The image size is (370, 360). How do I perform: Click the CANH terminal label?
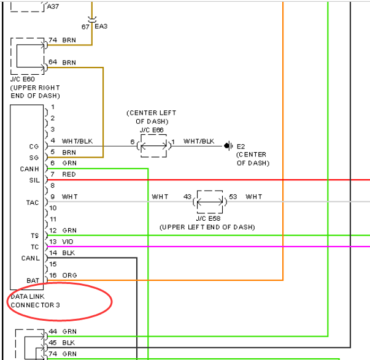pyautogui.click(x=29, y=169)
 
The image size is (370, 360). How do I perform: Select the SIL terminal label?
pyautogui.click(x=34, y=180)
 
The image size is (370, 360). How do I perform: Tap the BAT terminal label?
pyautogui.click(x=33, y=280)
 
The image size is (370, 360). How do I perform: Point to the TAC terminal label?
pyautogui.click(x=33, y=202)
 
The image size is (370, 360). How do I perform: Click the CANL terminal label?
pyautogui.click(x=31, y=258)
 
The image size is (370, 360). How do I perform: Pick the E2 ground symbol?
pyautogui.click(x=228, y=146)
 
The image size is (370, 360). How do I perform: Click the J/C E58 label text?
pyautogui.click(x=208, y=218)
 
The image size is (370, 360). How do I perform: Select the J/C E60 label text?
pyautogui.click(x=23, y=79)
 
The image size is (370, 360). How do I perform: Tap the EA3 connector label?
pyautogui.click(x=101, y=26)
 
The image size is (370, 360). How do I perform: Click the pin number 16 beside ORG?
pyautogui.click(x=53, y=275)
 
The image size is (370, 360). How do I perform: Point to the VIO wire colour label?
pyautogui.click(x=67, y=242)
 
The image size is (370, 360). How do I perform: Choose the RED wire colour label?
pyautogui.click(x=69, y=174)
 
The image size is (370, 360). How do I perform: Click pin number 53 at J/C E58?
pyautogui.click(x=233, y=196)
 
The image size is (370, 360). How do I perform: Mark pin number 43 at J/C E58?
pyautogui.click(x=187, y=196)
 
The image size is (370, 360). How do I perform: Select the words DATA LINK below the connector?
pyautogui.click(x=28, y=296)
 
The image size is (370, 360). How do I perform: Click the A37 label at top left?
pyautogui.click(x=53, y=6)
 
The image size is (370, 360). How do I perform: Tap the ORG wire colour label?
pyautogui.click(x=69, y=275)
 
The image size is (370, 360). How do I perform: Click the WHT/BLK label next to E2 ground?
pyautogui.click(x=199, y=141)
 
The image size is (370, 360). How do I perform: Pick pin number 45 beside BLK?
pyautogui.click(x=53, y=343)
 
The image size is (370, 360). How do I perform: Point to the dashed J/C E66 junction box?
pyautogui.click(x=153, y=135)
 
